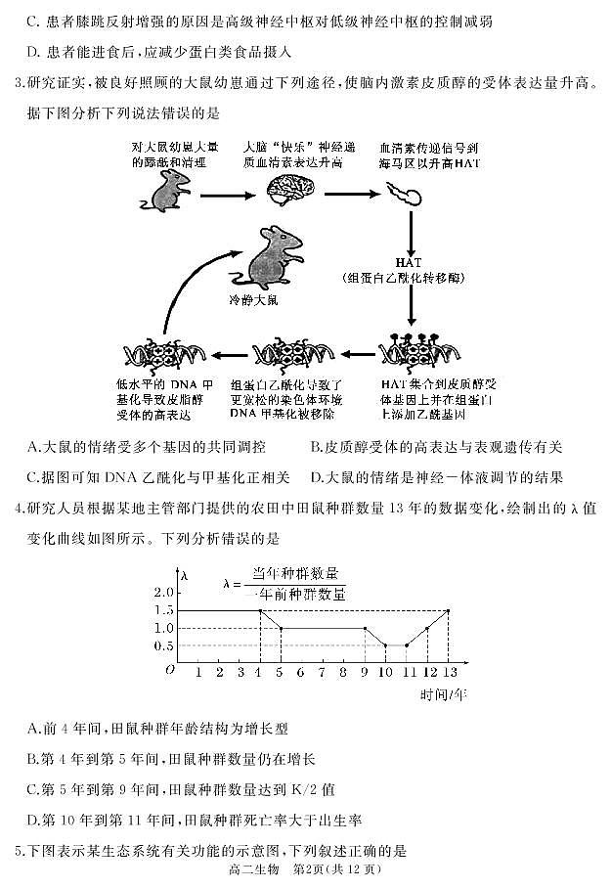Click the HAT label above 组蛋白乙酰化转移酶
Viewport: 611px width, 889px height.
(409, 263)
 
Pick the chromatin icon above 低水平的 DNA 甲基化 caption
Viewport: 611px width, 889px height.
(159, 354)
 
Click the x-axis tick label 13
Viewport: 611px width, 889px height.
(448, 674)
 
